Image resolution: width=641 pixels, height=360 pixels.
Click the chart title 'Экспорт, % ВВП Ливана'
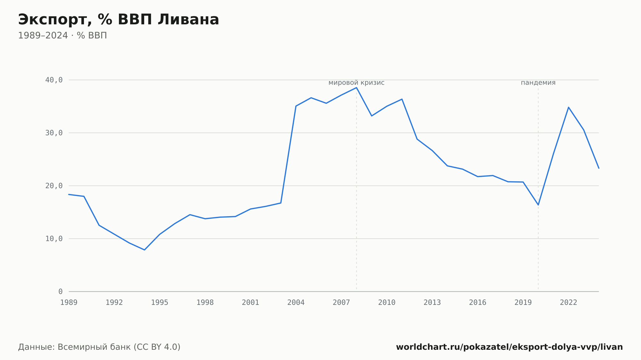[119, 20]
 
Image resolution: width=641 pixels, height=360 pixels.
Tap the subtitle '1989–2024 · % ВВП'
[62, 36]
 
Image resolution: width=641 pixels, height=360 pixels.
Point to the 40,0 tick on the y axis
[54, 80]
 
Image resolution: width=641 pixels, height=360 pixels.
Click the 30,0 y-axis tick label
[54, 133]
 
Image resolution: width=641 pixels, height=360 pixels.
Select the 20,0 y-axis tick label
[54, 186]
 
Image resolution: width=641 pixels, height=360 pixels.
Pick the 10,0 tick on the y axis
[54, 239]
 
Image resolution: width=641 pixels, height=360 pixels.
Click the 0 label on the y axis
[61, 291]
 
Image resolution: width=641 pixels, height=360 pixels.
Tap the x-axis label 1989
[69, 303]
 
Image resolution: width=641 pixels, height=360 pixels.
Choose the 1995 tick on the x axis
[160, 303]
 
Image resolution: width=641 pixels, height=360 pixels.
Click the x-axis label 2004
[296, 303]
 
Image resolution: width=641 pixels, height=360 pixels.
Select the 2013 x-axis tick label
[432, 303]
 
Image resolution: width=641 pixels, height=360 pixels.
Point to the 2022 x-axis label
[569, 303]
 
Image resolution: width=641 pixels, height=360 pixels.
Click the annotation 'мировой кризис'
[356, 83]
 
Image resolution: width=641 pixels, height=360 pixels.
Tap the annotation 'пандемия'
[538, 83]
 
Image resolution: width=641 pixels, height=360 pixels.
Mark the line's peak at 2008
[356, 87]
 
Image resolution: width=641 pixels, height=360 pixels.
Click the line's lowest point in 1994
[145, 250]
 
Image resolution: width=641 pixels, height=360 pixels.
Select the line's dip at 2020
[538, 205]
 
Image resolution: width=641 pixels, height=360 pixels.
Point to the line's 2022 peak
[569, 107]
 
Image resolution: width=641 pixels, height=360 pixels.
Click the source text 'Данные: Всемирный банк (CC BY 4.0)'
[99, 347]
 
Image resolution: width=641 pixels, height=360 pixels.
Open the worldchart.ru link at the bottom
[510, 347]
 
